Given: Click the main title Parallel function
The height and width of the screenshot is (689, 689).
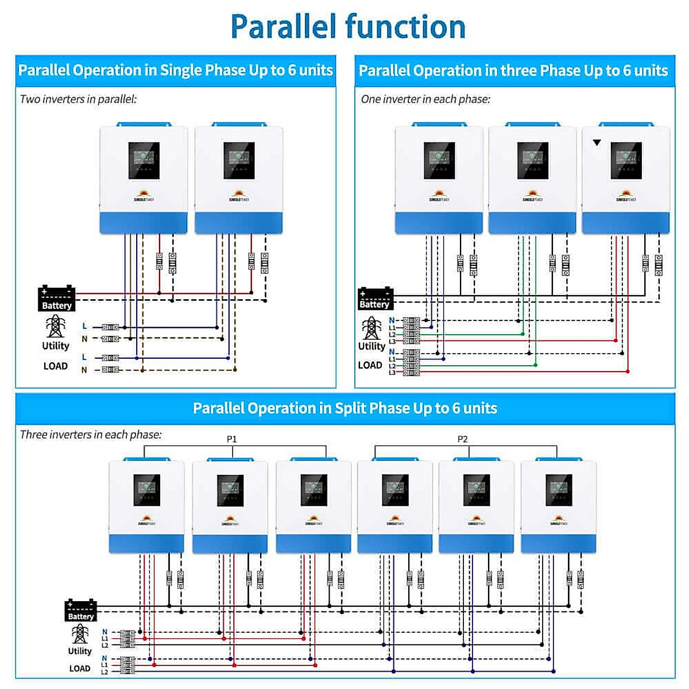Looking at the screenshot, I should pos(347,26).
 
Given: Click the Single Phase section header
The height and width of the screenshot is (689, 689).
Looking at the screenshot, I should pos(175,70).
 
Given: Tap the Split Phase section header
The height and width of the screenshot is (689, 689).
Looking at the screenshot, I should pos(344,408).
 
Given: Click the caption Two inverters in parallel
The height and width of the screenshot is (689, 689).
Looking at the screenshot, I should pos(78,99).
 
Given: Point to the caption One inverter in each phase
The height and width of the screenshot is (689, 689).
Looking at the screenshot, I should pos(425,99).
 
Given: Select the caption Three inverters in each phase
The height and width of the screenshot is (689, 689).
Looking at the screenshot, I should pos(91,435).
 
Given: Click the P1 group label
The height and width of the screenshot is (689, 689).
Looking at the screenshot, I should pos(231,439).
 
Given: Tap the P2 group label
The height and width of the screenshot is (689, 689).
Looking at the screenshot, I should pos(462,439).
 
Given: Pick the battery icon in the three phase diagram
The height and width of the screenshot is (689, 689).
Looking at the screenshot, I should pos(375,299).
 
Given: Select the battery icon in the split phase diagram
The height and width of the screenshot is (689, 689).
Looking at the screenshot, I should pos(80,610).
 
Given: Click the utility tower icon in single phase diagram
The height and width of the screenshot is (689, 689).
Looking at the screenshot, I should pos(55,326).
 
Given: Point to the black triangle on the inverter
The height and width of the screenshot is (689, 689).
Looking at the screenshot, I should pos(597,142).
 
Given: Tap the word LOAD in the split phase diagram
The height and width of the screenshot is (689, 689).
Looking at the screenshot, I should pos(80,668).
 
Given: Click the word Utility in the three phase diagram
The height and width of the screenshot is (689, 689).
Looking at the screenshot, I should pos(371,346).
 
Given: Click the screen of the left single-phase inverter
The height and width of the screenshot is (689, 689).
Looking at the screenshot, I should pos(144,160).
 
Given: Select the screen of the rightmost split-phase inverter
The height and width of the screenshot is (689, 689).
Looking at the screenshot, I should pos(558,490).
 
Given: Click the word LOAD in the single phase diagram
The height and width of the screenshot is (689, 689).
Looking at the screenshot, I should pos(55,366).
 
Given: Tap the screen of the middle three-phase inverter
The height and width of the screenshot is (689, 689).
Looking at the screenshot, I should pos(532,160).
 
